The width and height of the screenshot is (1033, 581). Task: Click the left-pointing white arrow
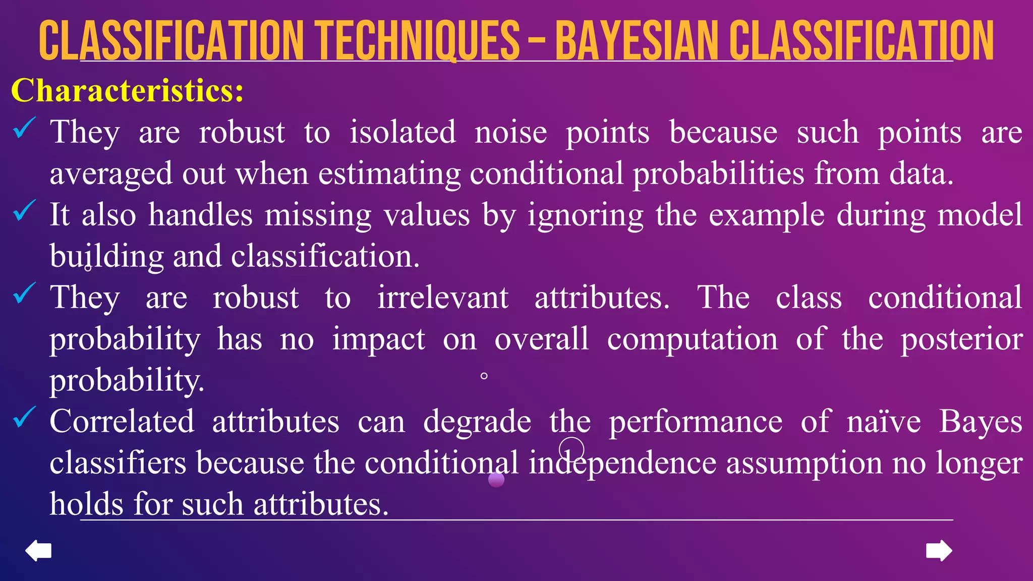tap(38, 550)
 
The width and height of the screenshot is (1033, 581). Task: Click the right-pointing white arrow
tap(939, 550)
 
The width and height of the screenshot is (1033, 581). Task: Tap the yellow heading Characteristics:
tap(127, 91)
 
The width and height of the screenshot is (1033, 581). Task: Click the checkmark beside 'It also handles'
tap(24, 210)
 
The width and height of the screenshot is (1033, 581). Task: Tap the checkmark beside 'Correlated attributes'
tap(24, 417)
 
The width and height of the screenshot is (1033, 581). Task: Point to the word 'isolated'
tap(403, 132)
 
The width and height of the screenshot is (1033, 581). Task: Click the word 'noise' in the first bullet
tap(510, 132)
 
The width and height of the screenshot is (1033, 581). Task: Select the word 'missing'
tap(318, 215)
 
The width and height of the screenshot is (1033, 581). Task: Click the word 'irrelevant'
tap(443, 298)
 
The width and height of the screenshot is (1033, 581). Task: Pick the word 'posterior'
tap(961, 339)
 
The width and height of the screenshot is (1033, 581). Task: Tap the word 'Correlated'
tap(122, 421)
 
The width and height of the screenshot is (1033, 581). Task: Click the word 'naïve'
tap(884, 421)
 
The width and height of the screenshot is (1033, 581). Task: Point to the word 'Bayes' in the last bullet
tap(981, 421)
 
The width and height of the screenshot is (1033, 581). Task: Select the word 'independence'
tap(622, 463)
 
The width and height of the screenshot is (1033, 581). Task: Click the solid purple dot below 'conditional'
tap(496, 480)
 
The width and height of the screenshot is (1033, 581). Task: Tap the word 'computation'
tap(692, 339)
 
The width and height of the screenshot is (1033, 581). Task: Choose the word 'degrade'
tap(477, 422)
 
